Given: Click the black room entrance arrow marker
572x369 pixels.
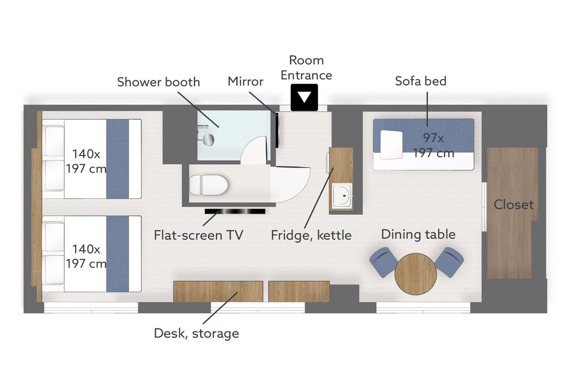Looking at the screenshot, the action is click(304, 97).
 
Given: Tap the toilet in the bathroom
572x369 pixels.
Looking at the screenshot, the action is click(209, 185).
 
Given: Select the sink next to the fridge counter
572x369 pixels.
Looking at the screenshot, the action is click(342, 195).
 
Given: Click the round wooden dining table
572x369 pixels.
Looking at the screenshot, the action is click(416, 274).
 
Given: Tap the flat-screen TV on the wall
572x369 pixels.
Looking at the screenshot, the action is click(235, 211).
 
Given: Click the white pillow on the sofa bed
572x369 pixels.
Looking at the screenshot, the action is click(391, 145).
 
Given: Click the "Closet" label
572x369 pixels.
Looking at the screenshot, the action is click(513, 204).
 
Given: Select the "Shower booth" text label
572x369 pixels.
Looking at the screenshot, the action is click(158, 82).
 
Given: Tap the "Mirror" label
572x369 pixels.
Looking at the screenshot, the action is click(245, 81).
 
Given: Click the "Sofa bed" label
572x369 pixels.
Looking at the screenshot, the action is click(421, 81).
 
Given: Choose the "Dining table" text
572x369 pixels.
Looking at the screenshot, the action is click(418, 235).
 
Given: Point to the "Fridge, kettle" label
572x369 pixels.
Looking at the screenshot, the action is click(311, 235).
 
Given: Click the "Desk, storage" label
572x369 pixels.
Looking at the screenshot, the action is click(196, 334).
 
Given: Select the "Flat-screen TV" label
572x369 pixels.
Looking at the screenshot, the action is click(198, 235).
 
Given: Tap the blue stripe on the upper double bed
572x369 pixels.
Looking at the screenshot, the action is click(118, 159).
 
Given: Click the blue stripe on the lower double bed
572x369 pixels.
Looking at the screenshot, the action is click(118, 254).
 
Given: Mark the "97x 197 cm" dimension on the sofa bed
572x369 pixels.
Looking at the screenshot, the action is click(433, 145).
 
